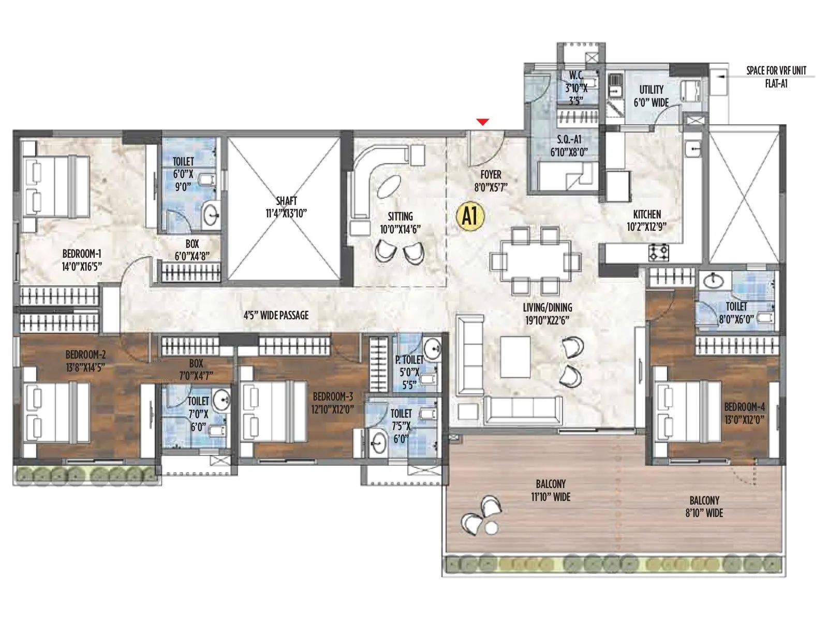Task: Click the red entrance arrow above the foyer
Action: [483, 122]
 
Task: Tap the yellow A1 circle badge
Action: [470, 216]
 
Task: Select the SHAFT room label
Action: [286, 206]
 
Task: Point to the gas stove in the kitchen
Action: [659, 252]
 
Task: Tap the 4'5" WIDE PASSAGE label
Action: [276, 315]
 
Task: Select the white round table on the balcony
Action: [491, 528]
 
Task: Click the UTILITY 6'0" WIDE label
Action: [651, 96]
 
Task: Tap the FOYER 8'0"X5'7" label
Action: [491, 181]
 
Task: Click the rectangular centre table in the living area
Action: [515, 357]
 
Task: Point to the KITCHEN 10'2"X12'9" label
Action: [646, 220]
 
